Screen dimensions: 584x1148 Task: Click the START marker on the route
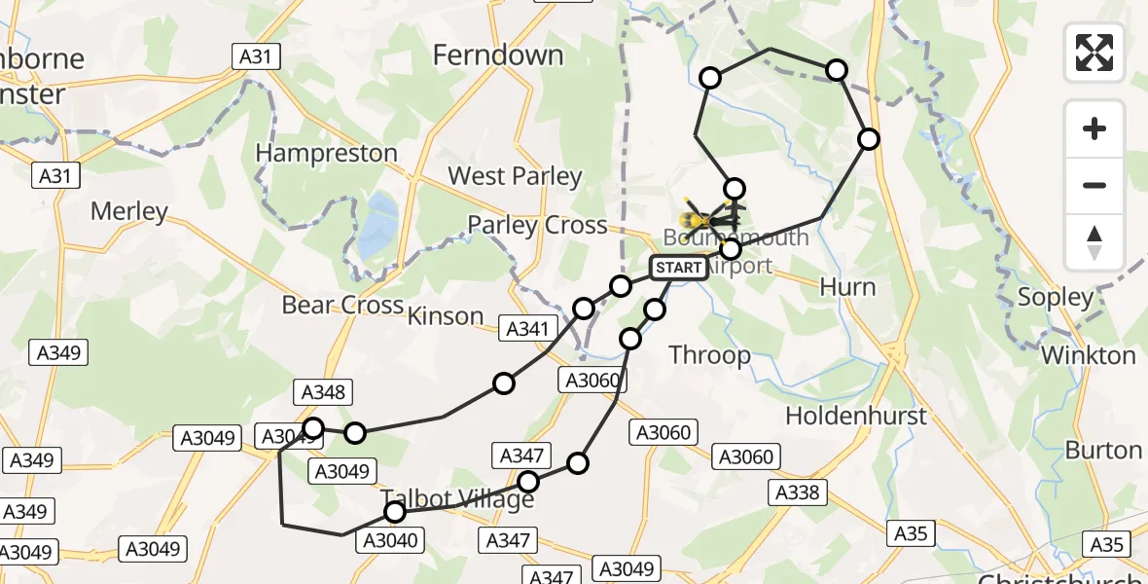[678, 268]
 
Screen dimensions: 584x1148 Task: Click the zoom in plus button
[1094, 128]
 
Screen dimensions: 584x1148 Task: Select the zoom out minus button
[1094, 185]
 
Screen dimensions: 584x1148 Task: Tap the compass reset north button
[1094, 241]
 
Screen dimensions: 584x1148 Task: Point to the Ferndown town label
[497, 55]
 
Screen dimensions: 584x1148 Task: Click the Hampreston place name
[326, 153]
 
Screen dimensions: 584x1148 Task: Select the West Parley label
[514, 176]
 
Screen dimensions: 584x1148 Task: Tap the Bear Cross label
[342, 305]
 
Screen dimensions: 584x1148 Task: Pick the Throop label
[710, 355]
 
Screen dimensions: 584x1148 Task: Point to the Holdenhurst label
[856, 416]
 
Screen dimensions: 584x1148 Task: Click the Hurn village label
[847, 287]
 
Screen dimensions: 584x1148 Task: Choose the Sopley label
[1056, 297]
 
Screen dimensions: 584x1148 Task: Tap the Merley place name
[128, 211]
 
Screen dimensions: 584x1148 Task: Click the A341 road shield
[527, 329]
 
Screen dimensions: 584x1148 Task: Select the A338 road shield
[798, 493]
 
